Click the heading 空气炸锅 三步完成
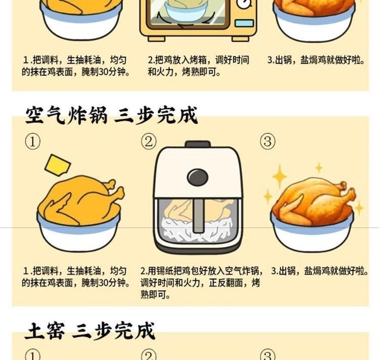[x=112, y=115]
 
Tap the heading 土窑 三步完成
[x=89, y=331]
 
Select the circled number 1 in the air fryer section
[x=33, y=142]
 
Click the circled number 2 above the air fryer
[x=149, y=142]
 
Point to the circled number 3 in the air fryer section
[x=267, y=141]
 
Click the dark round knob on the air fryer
[x=198, y=177]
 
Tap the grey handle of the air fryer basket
[x=199, y=215]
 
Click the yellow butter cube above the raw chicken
[x=58, y=164]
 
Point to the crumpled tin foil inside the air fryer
[x=198, y=230]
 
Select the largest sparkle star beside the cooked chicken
[x=279, y=176]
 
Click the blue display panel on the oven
[x=244, y=23]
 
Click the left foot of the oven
[x=157, y=39]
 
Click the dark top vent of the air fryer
[x=198, y=144]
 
